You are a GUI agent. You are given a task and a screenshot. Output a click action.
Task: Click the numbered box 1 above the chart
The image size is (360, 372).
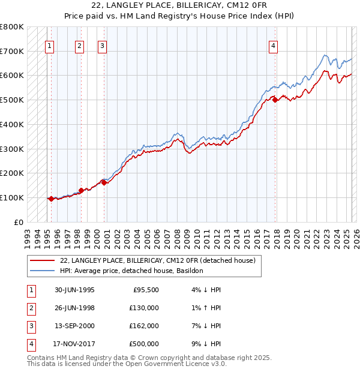pyautogui.click(x=49, y=45)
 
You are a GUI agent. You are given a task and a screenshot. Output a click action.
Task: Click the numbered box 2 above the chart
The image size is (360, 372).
pyautogui.click(x=80, y=45)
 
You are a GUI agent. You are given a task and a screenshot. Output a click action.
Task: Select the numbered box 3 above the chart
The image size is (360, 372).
pyautogui.click(x=103, y=45)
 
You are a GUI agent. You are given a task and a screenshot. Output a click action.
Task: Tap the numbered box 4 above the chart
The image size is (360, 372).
pyautogui.click(x=273, y=45)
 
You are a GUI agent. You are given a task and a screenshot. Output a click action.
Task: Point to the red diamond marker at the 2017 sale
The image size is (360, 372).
pyautogui.click(x=275, y=100)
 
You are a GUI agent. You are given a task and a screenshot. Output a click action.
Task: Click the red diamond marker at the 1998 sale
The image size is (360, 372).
pyautogui.click(x=81, y=190)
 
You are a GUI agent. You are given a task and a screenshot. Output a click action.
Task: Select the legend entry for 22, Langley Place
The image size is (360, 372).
pyautogui.click(x=158, y=260)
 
